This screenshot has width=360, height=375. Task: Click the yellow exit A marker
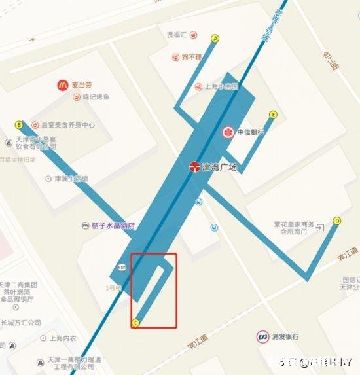click(215, 39)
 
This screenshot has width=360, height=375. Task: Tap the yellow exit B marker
click(19, 125)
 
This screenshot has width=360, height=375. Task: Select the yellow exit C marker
click(136, 322)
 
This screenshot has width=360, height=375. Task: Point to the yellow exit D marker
click(337, 221)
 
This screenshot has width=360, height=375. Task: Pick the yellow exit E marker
click(274, 115)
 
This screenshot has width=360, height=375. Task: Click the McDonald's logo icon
click(62, 84)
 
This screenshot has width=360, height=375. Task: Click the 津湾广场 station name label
click(219, 167)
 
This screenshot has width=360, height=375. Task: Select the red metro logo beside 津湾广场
click(194, 167)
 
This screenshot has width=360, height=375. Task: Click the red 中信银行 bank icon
click(228, 132)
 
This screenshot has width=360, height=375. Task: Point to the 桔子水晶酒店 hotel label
click(113, 226)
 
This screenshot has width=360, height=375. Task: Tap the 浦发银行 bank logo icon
click(262, 336)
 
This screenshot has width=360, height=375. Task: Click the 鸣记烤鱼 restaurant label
click(96, 98)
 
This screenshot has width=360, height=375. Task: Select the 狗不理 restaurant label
click(192, 58)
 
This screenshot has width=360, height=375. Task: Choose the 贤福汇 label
click(177, 35)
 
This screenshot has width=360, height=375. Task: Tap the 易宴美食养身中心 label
click(68, 124)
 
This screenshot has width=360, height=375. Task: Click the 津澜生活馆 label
click(71, 178)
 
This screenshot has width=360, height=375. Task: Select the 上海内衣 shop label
click(63, 338)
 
